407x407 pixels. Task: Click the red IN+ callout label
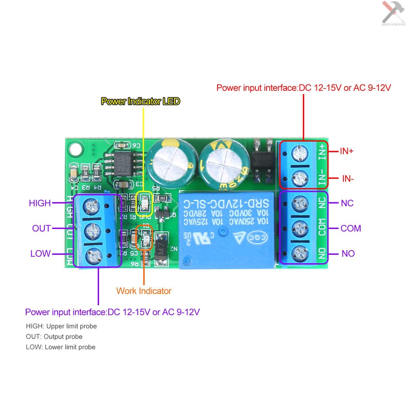(346, 151)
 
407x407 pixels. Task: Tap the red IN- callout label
(347, 178)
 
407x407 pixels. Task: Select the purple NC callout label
(347, 203)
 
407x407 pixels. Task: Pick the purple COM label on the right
(351, 228)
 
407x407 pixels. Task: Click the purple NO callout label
(348, 254)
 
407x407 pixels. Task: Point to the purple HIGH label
(40, 203)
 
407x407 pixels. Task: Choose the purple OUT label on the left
(41, 228)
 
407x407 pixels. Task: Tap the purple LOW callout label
(41, 254)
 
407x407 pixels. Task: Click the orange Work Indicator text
(143, 291)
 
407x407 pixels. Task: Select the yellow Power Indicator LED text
(140, 101)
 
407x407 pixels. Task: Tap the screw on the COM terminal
(300, 228)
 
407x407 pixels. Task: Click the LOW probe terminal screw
(93, 254)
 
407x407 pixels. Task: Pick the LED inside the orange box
(144, 239)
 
